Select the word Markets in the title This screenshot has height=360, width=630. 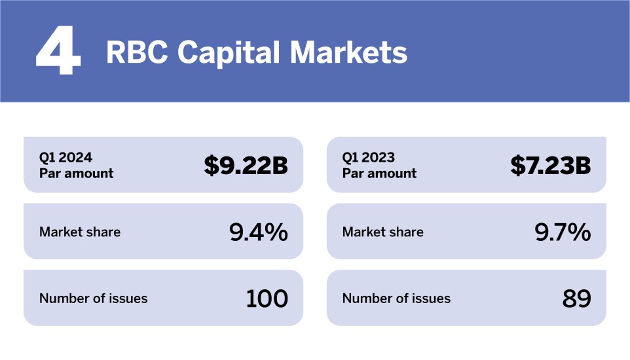349,52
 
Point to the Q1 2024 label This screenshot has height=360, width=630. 65,157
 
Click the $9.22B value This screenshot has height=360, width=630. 246,166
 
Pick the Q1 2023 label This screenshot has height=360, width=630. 369,157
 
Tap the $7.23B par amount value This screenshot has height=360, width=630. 550,166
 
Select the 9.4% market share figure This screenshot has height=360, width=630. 259,232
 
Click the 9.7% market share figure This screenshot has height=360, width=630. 561,232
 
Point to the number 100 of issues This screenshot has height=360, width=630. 267,298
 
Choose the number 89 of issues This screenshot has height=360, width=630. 576,298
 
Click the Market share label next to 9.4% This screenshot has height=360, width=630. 80,232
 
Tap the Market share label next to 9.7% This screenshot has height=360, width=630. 383,232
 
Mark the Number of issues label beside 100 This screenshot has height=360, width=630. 94,298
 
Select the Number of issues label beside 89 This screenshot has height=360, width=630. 396,298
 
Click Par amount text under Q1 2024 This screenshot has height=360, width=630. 76,173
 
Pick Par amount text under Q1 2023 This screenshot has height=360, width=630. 379,173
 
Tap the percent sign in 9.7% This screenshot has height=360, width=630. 580,232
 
